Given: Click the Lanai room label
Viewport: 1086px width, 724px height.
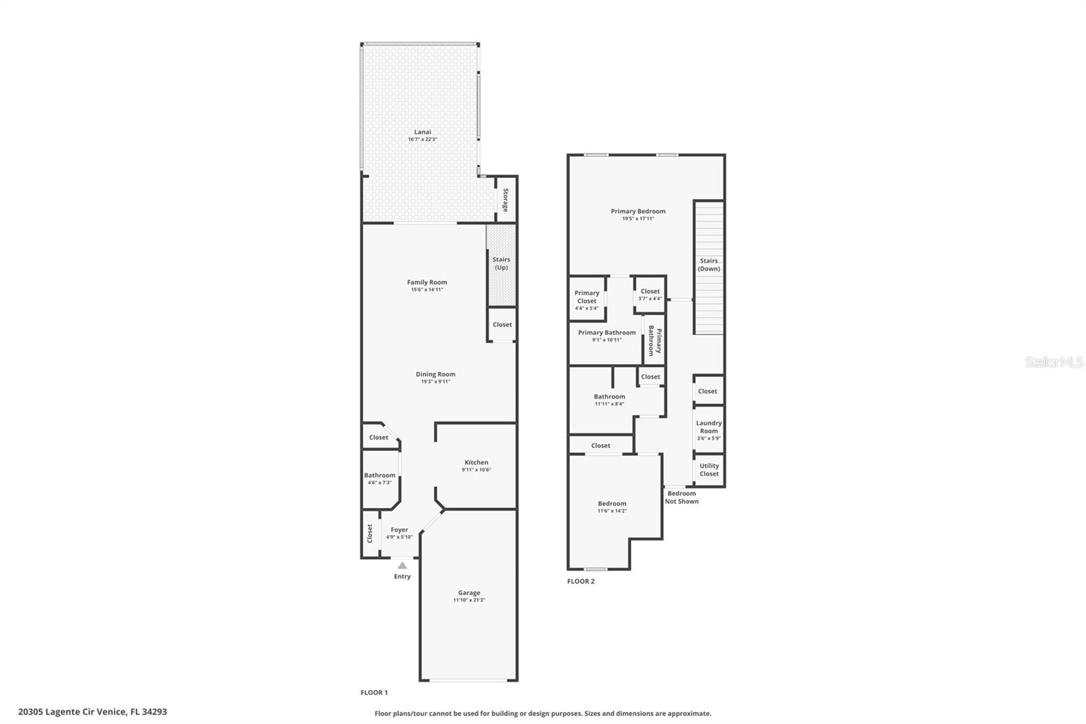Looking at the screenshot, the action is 422,132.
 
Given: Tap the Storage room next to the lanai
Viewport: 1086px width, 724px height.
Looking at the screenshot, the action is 506,200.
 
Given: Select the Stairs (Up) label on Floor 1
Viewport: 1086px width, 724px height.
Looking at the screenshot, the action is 502,264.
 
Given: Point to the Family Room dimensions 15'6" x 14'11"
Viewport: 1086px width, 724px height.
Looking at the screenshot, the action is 427,290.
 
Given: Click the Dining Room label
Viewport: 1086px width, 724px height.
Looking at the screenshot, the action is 435,374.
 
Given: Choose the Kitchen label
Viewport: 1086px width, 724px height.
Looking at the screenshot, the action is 476,463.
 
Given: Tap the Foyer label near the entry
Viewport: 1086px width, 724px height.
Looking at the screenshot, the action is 400,530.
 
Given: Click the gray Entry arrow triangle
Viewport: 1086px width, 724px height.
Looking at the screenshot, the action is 402,565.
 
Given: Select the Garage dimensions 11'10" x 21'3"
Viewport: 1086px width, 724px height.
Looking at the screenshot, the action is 469,600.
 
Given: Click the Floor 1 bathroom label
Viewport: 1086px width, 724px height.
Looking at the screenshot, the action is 379,475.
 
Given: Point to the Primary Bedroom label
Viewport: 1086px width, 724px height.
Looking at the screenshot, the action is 638,211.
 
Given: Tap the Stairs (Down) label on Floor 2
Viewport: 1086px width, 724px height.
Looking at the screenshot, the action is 709,265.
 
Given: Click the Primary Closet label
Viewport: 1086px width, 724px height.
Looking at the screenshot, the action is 586,297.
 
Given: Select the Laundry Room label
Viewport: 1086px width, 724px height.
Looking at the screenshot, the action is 709,427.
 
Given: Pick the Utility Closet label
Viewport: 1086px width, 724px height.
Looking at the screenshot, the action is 709,470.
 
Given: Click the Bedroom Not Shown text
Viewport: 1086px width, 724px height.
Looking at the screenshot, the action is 681,497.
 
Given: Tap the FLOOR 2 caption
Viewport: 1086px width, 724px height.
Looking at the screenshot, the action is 581,581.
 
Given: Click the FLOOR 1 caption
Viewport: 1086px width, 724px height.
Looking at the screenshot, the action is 374,693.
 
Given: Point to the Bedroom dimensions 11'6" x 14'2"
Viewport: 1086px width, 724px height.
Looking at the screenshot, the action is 612,511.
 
